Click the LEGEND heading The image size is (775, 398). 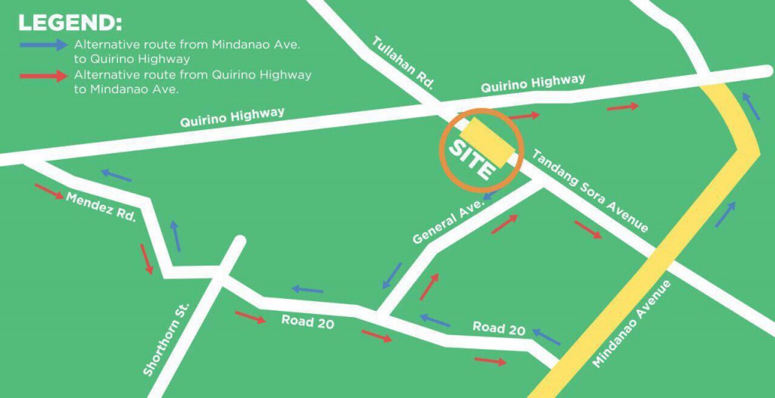point(70,22)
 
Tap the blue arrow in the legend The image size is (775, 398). point(43,45)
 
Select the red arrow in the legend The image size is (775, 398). point(43,76)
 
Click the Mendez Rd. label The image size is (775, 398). point(101,207)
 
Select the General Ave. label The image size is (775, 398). point(447,220)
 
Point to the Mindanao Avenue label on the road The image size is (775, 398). point(632,324)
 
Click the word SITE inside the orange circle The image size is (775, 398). point(471,157)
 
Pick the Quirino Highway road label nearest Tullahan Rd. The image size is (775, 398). point(533,84)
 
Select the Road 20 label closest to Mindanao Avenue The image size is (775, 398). point(499,328)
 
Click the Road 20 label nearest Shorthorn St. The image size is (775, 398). point(308,321)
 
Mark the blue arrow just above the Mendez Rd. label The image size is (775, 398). point(116,176)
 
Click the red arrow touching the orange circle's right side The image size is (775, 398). point(524,117)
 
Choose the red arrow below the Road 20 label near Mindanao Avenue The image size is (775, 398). point(490,361)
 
